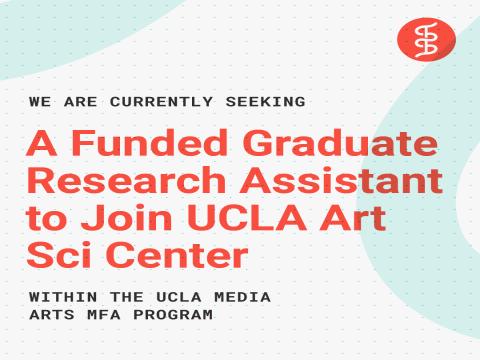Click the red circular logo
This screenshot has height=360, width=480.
coord(426,39)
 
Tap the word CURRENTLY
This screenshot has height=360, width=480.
coord(161,102)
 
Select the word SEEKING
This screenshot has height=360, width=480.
coord(265,102)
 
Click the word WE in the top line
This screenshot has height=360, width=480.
coord(40,102)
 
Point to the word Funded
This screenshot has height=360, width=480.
coord(149,143)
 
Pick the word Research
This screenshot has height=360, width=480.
coord(126,180)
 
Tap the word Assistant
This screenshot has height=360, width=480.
coord(341,180)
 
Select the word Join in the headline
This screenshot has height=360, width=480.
coord(127,218)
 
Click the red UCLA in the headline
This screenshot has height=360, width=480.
coord(247,218)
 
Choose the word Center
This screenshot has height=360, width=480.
coord(177,255)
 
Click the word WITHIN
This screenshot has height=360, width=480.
coord(63,297)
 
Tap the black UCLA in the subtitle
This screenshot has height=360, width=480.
coord(179,297)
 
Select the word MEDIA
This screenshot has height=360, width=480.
coord(242,297)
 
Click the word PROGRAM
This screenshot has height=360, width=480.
coord(173,315)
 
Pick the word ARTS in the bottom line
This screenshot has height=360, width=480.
coord(52,315)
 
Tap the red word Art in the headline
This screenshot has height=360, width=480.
coord(353,218)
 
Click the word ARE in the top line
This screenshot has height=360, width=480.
coord(81,102)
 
